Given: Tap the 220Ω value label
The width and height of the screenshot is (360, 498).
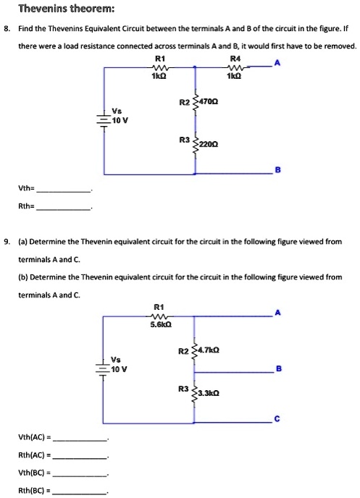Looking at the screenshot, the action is (212, 143).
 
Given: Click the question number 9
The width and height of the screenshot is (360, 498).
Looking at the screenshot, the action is (7, 240).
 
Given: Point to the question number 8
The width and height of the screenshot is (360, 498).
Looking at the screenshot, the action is (7, 31).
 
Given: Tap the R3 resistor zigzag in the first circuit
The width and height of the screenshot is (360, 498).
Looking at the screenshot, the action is (194, 143).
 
